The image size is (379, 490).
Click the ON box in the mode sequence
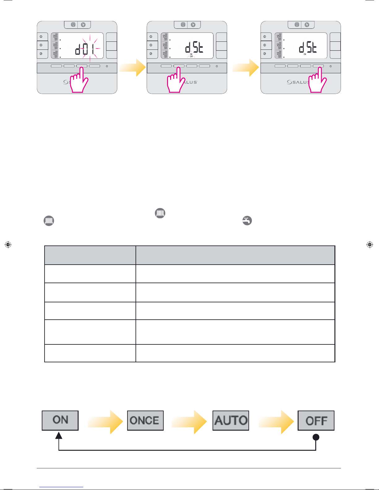[60, 420]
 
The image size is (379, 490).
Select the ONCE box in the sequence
[145, 420]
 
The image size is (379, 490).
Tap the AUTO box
[230, 420]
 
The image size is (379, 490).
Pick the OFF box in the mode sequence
[316, 420]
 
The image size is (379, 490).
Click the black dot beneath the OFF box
[316, 437]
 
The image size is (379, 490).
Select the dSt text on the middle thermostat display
[194, 48]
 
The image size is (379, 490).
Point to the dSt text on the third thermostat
[308, 48]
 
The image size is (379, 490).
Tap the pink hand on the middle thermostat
[176, 81]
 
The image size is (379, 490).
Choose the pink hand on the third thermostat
[318, 81]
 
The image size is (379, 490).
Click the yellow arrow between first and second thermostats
[133, 68]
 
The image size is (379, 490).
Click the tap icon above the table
[247, 221]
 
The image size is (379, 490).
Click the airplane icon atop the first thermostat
[83, 25]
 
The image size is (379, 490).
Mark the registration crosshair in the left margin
[8, 245]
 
